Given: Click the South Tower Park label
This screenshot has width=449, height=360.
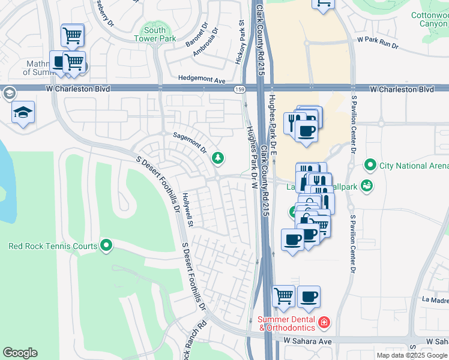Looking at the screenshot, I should coord(155,34).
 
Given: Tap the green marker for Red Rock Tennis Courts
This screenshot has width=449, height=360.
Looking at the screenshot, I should coord(106,245).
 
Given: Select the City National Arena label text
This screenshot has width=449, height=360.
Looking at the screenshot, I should coord(414,166).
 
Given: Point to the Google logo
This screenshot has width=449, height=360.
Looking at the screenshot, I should coord(20,353).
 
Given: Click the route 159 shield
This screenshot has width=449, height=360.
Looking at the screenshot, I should coord(239,89).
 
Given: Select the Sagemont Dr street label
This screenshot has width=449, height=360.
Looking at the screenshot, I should coord(189,142).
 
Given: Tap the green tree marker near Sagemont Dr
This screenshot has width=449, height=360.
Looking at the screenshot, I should coord(218,158).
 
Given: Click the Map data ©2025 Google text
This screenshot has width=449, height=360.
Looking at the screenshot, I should coord(412,355).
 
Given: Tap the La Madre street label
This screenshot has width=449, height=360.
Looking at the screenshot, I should coord(435,299).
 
